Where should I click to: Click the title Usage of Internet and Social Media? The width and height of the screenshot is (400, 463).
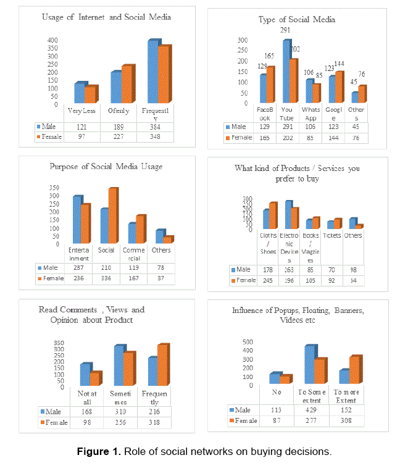point(106,17)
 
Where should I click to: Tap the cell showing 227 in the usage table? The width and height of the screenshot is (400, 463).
point(120,137)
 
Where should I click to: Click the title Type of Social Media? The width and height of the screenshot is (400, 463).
point(297,20)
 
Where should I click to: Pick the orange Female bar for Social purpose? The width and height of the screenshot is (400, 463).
point(112,216)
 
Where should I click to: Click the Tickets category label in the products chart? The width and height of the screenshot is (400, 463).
point(333,236)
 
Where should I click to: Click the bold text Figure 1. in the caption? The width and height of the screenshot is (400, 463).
point(99,452)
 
